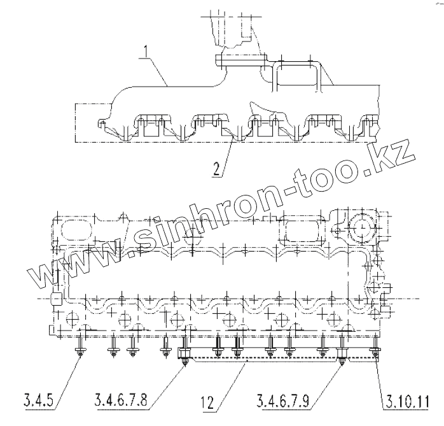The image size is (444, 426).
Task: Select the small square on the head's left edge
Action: (x=55, y=298)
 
